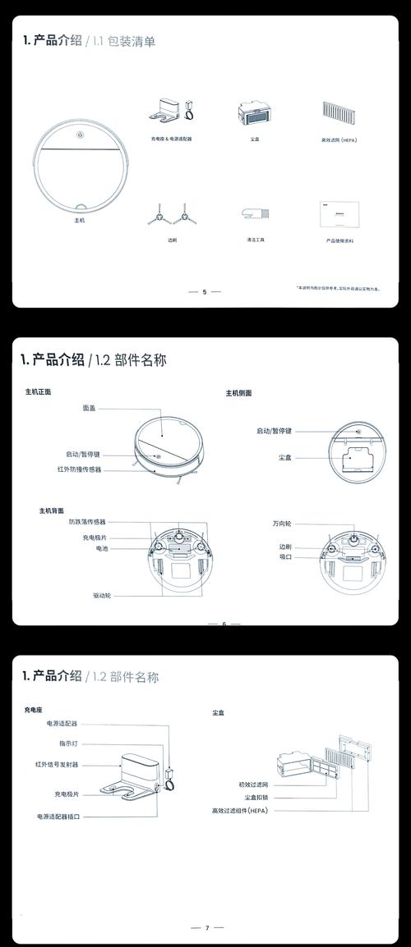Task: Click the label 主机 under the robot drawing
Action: pos(79,221)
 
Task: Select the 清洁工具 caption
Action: pos(256,240)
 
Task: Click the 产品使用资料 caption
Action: pos(339,240)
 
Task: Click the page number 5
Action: pos(205,291)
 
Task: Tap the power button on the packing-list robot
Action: pos(79,136)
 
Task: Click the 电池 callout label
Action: pos(102,547)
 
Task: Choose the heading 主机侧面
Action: pos(238,393)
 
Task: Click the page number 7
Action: pos(206,927)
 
